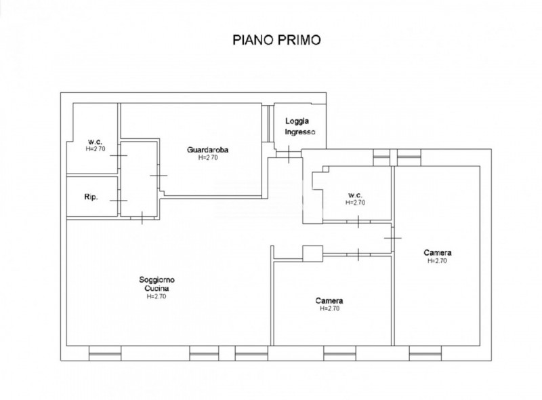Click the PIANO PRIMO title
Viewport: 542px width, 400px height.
[x=276, y=40]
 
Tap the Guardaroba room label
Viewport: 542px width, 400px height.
[x=208, y=150]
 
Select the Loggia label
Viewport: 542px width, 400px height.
[x=297, y=121]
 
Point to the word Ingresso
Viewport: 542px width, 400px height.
[x=300, y=132]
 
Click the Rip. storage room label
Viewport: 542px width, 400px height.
[x=91, y=197]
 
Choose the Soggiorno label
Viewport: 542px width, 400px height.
[x=157, y=279]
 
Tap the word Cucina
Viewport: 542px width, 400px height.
[x=157, y=288]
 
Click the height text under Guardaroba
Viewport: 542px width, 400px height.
[x=208, y=157]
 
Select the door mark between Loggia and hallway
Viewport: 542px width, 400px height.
[x=289, y=155]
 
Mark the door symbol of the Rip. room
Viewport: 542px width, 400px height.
[x=119, y=201]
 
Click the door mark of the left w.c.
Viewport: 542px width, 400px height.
[x=119, y=155]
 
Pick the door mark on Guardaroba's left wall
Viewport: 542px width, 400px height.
[x=159, y=176]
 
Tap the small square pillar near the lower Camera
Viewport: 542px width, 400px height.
[x=313, y=254]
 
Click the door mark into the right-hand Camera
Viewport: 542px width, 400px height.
[x=393, y=238]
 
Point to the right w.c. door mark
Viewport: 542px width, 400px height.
[x=358, y=222]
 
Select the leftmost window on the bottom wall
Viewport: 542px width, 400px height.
[x=105, y=353]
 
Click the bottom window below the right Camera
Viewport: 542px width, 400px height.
[x=425, y=353]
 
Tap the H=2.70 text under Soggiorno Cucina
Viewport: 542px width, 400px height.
[x=157, y=296]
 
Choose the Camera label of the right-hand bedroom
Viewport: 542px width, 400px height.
[x=437, y=253]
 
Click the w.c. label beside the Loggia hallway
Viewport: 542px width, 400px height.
[x=355, y=195]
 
